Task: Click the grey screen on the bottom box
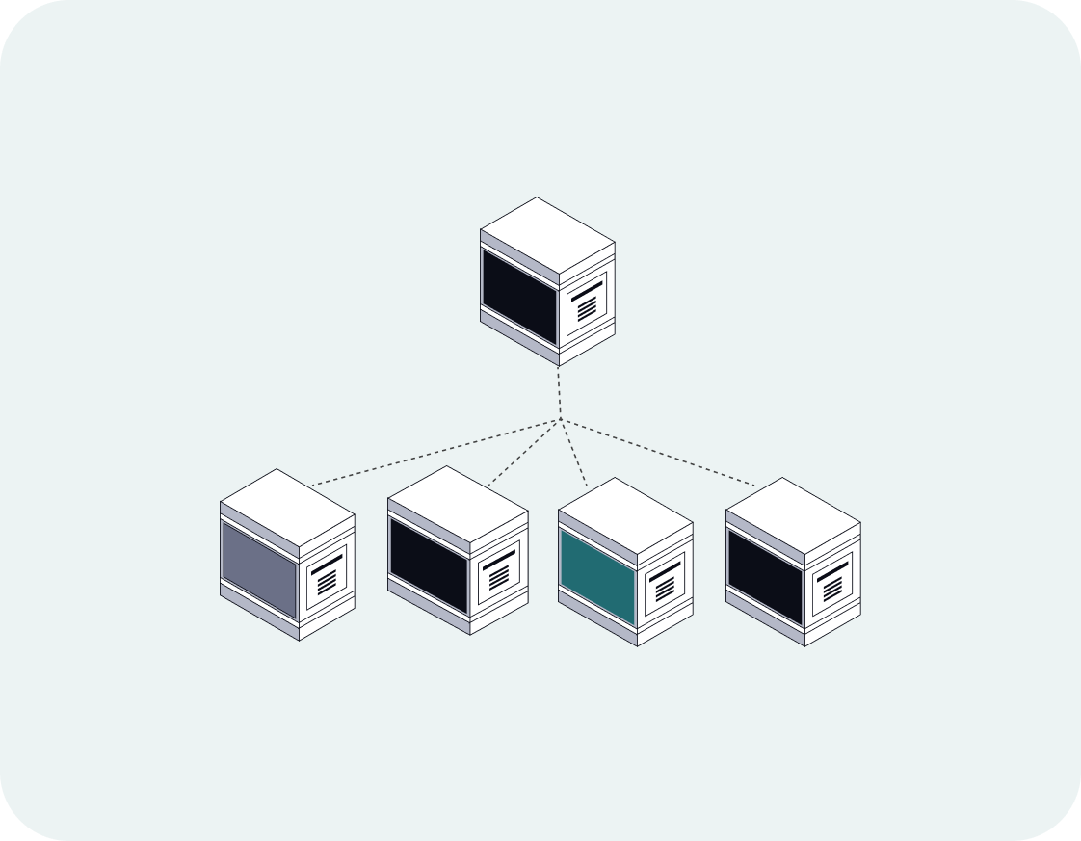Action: (259, 570)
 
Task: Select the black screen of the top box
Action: (519, 298)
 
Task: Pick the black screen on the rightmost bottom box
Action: (765, 577)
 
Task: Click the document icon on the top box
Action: (587, 305)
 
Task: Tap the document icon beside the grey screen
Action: (327, 578)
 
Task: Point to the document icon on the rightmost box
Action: (831, 581)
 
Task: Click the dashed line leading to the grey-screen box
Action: (434, 452)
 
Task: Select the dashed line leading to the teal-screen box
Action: (574, 454)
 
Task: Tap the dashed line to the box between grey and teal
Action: (524, 453)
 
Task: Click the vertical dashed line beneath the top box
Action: (559, 393)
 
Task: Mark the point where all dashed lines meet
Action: (560, 420)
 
